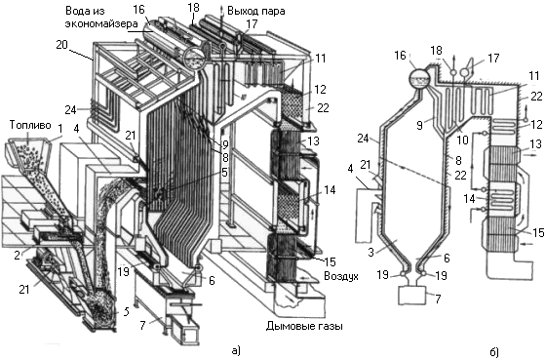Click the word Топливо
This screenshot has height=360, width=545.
30,125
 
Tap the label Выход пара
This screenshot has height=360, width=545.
256,12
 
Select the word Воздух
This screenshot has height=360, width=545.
341,276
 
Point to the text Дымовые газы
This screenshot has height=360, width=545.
305,326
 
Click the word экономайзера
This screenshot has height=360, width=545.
101,24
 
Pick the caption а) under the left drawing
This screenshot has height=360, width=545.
236,350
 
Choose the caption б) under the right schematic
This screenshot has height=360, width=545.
494,352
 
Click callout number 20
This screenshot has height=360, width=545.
61,45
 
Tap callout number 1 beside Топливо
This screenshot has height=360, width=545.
60,129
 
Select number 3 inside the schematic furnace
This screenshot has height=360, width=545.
371,252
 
